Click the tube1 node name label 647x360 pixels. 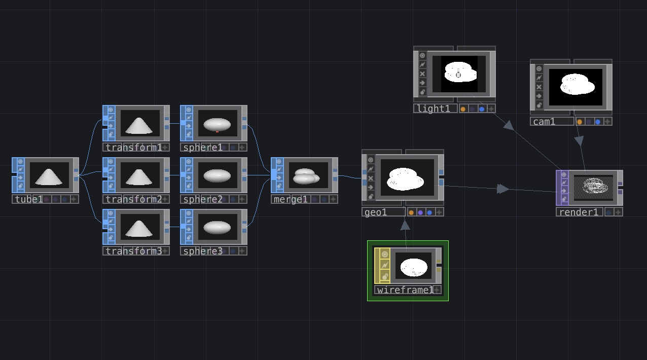click(29, 199)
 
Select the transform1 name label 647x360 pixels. click(134, 148)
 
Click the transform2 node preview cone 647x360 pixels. click(139, 177)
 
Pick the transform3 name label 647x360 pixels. click(134, 251)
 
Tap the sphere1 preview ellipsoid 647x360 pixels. click(217, 125)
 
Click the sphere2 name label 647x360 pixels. click(203, 199)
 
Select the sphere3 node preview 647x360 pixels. click(217, 227)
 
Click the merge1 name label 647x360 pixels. click(290, 199)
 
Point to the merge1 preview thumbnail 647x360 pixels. click(308, 175)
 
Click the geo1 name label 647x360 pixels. click(376, 212)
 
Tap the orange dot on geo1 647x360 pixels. click(411, 212)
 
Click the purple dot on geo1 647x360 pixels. click(420, 212)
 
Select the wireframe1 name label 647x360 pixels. click(405, 290)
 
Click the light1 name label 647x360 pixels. click(434, 109)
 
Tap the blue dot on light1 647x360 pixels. click(482, 109)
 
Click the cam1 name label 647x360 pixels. click(544, 122)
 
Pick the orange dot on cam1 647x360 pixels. click(580, 122)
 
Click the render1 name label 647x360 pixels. click(579, 212)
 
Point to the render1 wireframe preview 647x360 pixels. click(593, 187)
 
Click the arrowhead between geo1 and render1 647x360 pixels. click(503, 189)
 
